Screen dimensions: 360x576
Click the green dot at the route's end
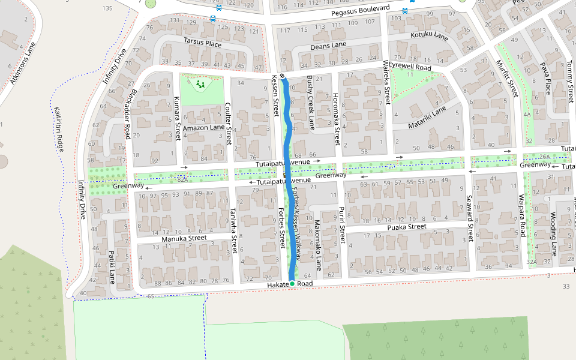pyautogui.click(x=292, y=283)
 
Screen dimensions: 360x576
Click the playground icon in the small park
pyautogui.click(x=200, y=85)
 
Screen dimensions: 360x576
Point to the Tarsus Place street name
pyautogui.click(x=202, y=43)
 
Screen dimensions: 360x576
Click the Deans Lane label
pyautogui.click(x=328, y=46)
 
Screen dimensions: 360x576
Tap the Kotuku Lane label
pyautogui.click(x=429, y=37)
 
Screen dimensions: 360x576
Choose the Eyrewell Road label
pyautogui.click(x=410, y=66)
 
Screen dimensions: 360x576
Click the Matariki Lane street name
pyautogui.click(x=427, y=118)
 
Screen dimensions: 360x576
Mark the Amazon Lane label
pyautogui.click(x=203, y=128)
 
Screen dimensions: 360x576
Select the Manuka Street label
pyautogui.click(x=184, y=239)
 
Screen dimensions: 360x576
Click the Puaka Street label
pyautogui.click(x=406, y=227)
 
